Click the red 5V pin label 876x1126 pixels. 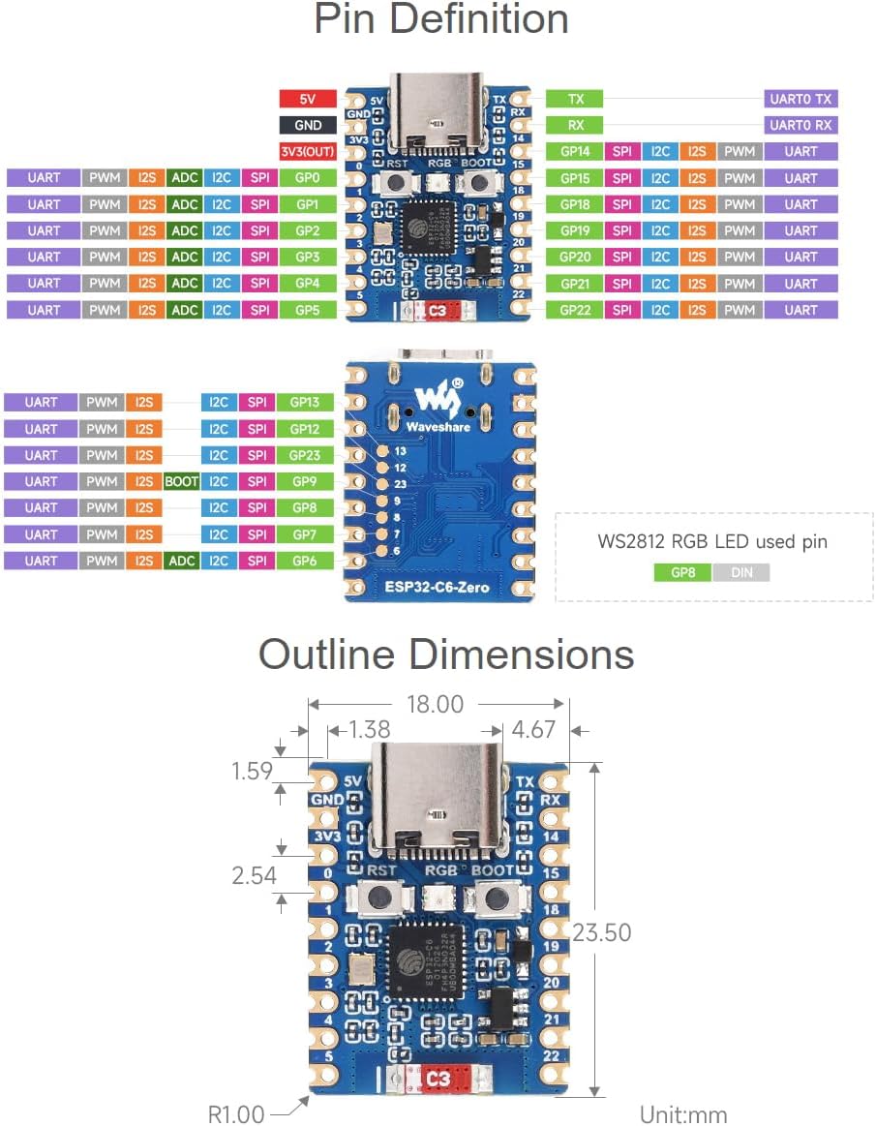(x=307, y=99)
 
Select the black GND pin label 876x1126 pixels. (x=307, y=125)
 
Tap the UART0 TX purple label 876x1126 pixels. (x=800, y=99)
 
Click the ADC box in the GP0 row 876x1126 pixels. (x=183, y=178)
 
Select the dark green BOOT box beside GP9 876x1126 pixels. (x=182, y=481)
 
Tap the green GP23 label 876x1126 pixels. (x=305, y=455)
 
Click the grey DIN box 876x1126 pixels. (x=741, y=572)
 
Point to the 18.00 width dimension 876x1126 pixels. (x=435, y=705)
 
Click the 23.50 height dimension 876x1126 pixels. (x=601, y=932)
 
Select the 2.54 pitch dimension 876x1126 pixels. (x=254, y=875)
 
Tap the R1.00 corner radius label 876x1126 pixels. (x=236, y=1114)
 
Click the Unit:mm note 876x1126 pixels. (x=683, y=1114)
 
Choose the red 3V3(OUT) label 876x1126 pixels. (x=307, y=152)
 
